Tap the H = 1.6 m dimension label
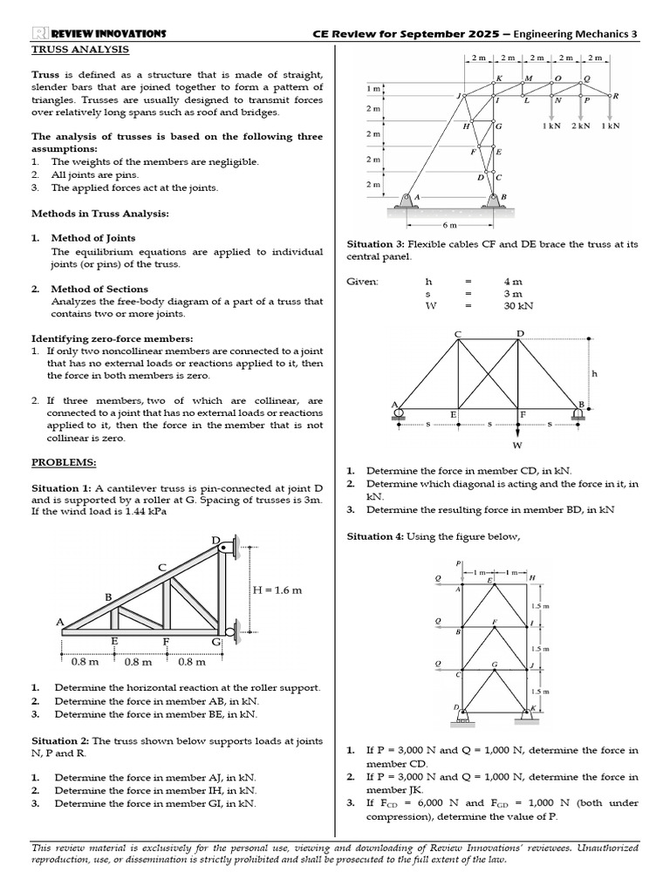(x=277, y=590)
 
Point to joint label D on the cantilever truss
(x=216, y=540)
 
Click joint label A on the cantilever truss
(x=60, y=622)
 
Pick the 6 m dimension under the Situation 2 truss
(x=449, y=224)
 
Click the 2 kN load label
(x=581, y=126)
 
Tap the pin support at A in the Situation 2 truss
(x=406, y=200)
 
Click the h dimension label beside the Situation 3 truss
(x=595, y=373)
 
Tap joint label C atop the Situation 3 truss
(x=457, y=334)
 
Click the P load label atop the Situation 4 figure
(x=458, y=563)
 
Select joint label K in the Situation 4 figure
(x=533, y=708)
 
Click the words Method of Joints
(x=92, y=238)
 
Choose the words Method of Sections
(x=99, y=289)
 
